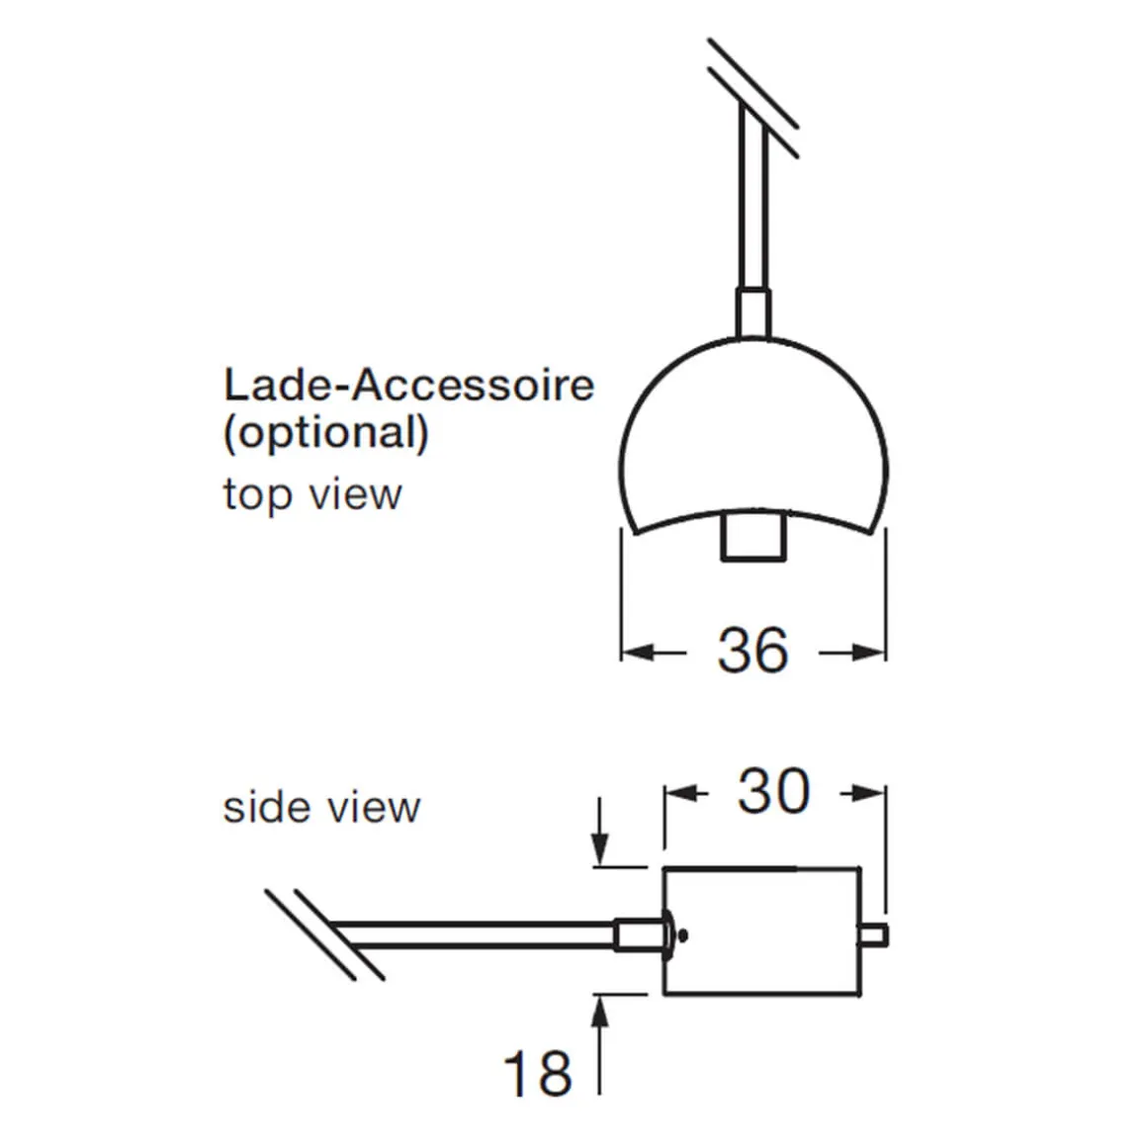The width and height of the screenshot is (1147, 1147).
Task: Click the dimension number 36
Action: pyautogui.click(x=752, y=650)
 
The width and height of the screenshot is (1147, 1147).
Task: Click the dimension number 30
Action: pyautogui.click(x=774, y=791)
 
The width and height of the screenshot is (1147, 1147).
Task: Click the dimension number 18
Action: pyautogui.click(x=538, y=1073)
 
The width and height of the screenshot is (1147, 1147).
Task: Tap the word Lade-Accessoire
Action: pyautogui.click(x=409, y=385)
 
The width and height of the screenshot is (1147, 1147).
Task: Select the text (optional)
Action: pyautogui.click(x=326, y=433)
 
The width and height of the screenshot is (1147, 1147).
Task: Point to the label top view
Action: pyautogui.click(x=312, y=494)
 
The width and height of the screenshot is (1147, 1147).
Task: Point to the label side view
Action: pyautogui.click(x=322, y=808)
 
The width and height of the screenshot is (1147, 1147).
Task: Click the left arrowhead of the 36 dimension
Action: pyautogui.click(x=638, y=651)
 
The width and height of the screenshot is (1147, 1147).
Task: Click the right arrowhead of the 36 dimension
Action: pyautogui.click(x=868, y=651)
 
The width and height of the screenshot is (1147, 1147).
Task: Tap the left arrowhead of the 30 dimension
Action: pyautogui.click(x=681, y=793)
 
